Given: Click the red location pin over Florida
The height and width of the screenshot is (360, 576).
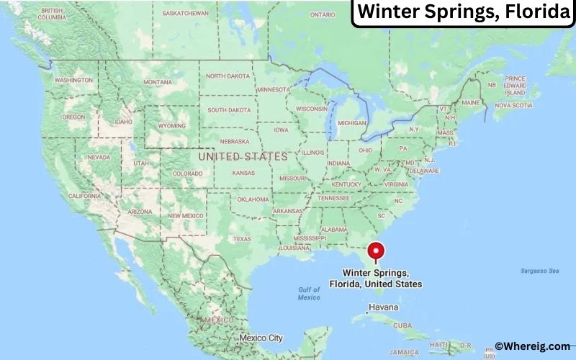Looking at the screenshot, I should pyautogui.click(x=376, y=251).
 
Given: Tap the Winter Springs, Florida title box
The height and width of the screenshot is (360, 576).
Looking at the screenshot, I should pyautogui.click(x=464, y=12).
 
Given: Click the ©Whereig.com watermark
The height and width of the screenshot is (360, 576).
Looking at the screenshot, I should pyautogui.click(x=531, y=346).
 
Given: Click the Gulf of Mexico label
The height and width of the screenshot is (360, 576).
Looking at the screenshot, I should pyautogui.click(x=309, y=294).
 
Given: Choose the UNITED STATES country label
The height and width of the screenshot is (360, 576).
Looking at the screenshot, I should pyautogui.click(x=243, y=156).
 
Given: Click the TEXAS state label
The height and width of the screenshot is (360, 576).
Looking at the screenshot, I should pyautogui.click(x=242, y=239).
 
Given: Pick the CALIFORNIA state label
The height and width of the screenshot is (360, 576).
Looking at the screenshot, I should pyautogui.click(x=84, y=196).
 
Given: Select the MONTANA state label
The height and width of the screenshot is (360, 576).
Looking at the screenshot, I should pyautogui.click(x=157, y=82).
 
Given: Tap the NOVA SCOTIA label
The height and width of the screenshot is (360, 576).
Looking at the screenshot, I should pyautogui.click(x=513, y=106).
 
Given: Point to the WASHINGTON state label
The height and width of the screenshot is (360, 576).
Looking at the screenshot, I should pyautogui.click(x=73, y=79).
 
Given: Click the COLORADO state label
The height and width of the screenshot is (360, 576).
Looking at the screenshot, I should pyautogui.click(x=187, y=174).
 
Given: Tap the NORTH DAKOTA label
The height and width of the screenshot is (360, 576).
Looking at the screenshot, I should pyautogui.click(x=228, y=76).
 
